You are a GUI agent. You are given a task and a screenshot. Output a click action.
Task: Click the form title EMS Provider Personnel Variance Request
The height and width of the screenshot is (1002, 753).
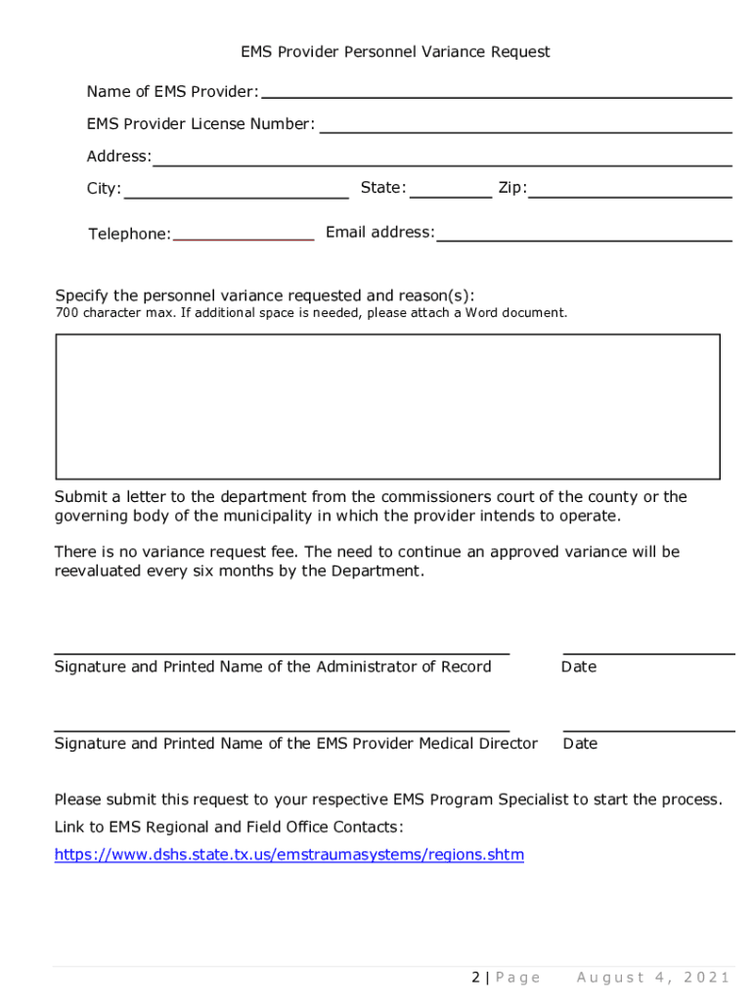click(395, 52)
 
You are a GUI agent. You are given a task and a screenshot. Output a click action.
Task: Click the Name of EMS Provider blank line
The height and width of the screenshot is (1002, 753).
click(496, 96)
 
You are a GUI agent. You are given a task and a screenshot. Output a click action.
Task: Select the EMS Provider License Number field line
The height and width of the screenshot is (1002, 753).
click(525, 129)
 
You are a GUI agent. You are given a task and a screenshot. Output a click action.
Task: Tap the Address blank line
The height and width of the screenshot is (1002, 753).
click(441, 162)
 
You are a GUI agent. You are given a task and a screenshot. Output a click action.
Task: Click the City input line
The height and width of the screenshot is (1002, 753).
click(236, 195)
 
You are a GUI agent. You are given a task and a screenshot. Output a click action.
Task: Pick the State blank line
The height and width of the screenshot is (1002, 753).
click(451, 195)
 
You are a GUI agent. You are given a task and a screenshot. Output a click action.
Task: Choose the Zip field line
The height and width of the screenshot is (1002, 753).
click(630, 195)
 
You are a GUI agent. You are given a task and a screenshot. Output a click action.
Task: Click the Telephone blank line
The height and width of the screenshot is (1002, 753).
click(244, 238)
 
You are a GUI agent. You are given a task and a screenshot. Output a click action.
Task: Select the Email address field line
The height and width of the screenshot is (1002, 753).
click(585, 238)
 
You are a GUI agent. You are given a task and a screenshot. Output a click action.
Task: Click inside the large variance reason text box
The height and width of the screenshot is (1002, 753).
click(387, 406)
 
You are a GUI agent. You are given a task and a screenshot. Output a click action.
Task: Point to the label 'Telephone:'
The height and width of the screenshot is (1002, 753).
click(129, 234)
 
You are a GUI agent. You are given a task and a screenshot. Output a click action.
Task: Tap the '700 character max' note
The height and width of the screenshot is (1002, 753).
click(310, 313)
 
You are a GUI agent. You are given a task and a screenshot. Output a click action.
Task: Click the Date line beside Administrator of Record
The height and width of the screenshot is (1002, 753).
click(648, 651)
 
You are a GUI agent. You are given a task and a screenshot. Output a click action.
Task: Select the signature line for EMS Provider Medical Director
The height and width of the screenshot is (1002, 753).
click(282, 728)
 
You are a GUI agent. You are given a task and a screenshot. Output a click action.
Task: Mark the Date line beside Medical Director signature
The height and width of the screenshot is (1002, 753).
click(648, 729)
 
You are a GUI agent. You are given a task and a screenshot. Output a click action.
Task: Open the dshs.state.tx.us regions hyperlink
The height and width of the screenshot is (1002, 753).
click(288, 855)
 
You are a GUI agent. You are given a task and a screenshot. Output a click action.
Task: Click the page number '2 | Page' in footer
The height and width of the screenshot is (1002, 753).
click(506, 978)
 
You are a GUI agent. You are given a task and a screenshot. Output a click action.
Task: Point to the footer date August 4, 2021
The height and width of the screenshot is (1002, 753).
click(653, 978)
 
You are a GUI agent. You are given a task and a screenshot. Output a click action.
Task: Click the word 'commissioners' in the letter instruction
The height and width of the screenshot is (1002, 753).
click(429, 497)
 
